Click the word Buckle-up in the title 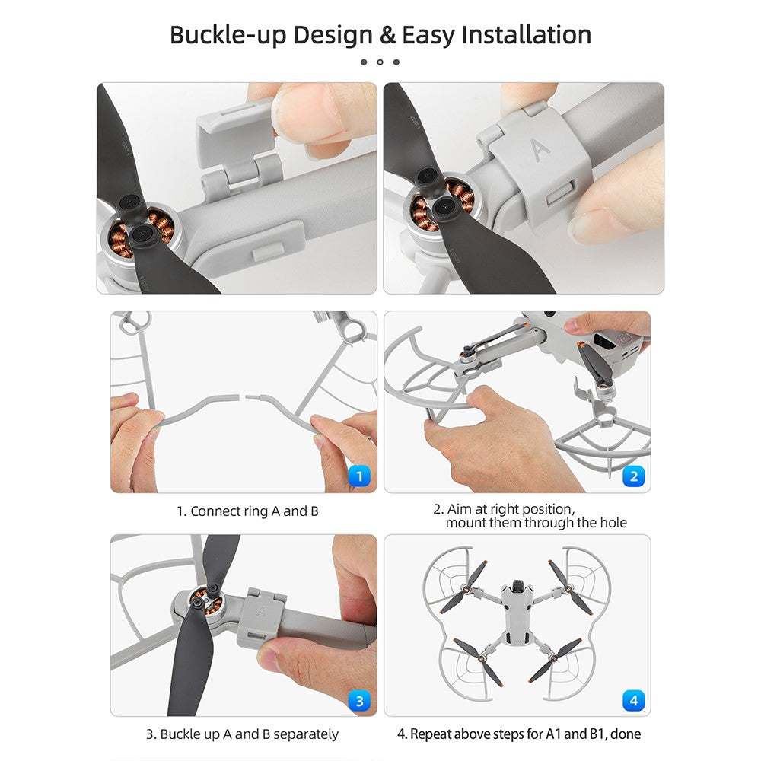[x=228, y=36]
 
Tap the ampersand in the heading [x=388, y=36]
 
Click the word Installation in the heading [x=526, y=34]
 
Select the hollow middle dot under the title [x=380, y=62]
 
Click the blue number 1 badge [x=359, y=476]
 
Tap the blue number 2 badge [x=633, y=476]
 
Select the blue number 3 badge [x=359, y=700]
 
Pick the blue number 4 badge [x=633, y=700]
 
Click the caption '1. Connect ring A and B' [x=247, y=511]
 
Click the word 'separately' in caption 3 [x=306, y=734]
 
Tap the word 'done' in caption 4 [x=626, y=734]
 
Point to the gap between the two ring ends [x=242, y=396]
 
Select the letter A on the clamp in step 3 [x=261, y=612]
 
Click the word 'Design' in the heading [x=333, y=36]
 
